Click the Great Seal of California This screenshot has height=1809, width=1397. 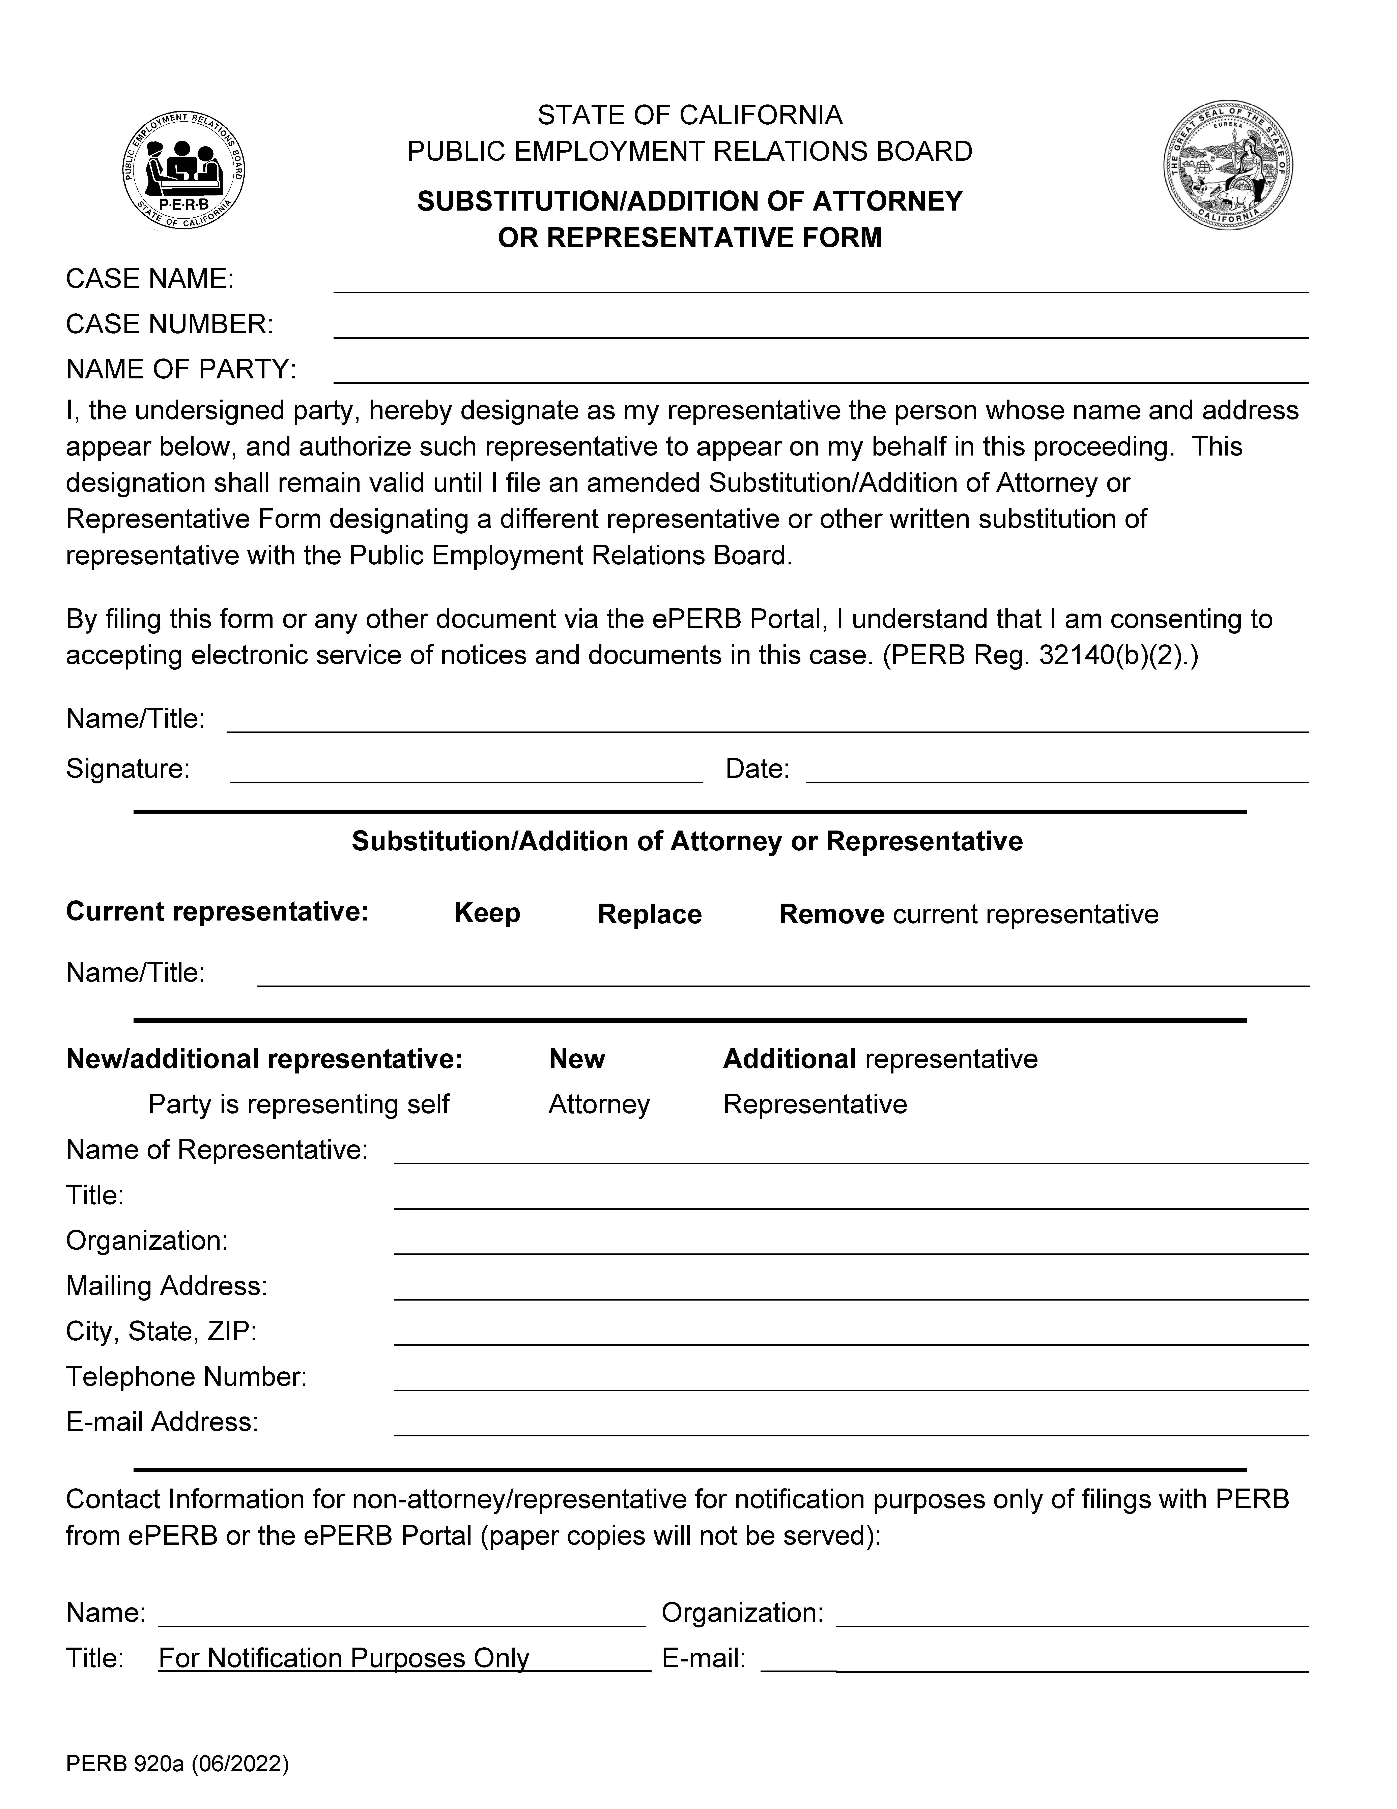click(x=1228, y=166)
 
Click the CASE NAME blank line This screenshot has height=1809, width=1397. click(x=820, y=282)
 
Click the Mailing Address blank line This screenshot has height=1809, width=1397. click(x=851, y=1289)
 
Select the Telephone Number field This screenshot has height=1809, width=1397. click(x=851, y=1380)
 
